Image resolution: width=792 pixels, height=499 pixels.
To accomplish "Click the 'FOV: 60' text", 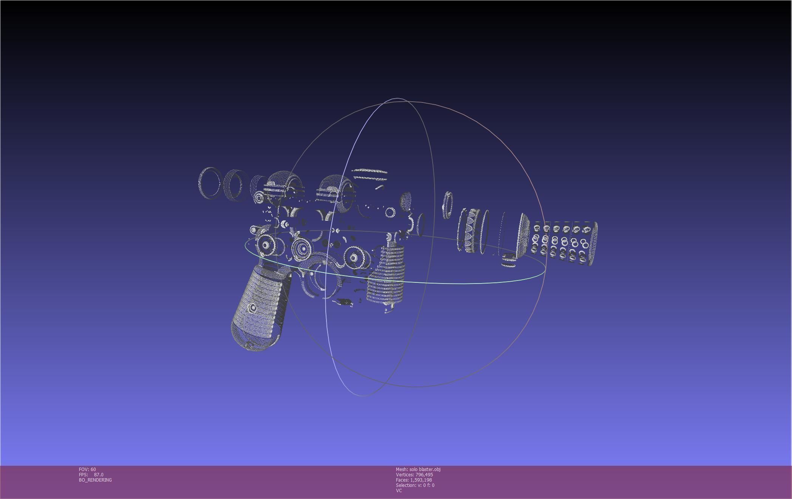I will click(87, 469).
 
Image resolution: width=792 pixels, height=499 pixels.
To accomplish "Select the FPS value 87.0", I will click(98, 474).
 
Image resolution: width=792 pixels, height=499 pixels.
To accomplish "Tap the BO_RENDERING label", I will click(95, 480).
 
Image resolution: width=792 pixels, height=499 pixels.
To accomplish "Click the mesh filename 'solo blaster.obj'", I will click(425, 469).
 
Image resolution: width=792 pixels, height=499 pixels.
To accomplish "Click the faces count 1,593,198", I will click(421, 480).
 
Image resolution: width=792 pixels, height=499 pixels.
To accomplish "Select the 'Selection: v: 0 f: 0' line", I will click(415, 485).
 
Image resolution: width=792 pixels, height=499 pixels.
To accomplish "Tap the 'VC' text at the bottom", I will click(399, 490).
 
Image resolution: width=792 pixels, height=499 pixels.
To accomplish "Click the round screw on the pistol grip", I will click(253, 308).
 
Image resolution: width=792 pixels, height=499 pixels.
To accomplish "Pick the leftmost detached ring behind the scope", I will click(209, 183).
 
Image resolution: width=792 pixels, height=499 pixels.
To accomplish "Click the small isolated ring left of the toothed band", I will click(447, 205).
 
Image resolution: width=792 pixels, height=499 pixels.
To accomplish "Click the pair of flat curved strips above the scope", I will click(370, 174).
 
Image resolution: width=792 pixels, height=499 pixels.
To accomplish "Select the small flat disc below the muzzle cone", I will click(509, 260).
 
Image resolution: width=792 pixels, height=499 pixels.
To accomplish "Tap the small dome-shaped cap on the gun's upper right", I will click(405, 200).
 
